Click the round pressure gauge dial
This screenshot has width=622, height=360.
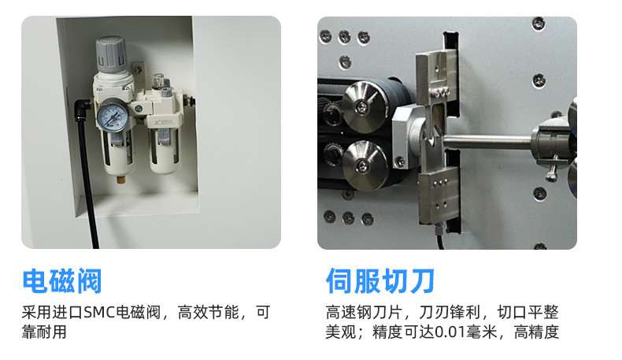pyautogui.click(x=113, y=117)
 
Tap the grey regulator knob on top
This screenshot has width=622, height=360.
pyautogui.click(x=111, y=54)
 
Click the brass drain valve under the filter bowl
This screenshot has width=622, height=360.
pyautogui.click(x=119, y=179)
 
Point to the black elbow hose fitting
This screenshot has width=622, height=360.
pyautogui.click(x=81, y=109)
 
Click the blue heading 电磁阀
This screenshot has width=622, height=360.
pyautogui.click(x=62, y=281)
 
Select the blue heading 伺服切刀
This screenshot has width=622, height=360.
pyautogui.click(x=380, y=281)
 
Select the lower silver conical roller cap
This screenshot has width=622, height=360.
pyautogui.click(x=365, y=166)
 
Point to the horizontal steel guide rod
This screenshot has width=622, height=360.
pyautogui.click(x=488, y=142)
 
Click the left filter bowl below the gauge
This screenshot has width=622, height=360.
pyautogui.click(x=119, y=154)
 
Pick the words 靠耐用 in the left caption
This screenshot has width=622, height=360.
pyautogui.click(x=44, y=332)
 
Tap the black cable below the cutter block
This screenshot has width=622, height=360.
pyautogui.click(x=439, y=237)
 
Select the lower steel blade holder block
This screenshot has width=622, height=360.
pyautogui.click(x=439, y=194)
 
